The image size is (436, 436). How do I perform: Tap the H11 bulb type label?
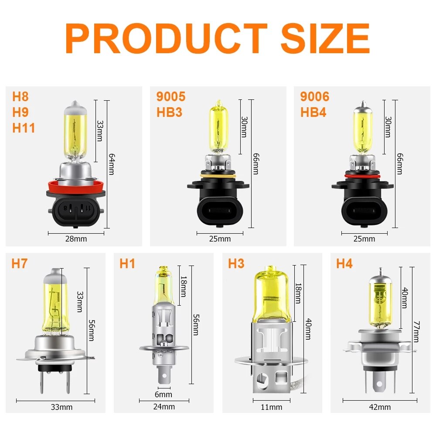coord(24,128)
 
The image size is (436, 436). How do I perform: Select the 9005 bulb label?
coord(171,96)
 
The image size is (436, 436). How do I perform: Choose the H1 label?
coord(127,264)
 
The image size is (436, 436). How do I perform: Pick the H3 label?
coord(236,264)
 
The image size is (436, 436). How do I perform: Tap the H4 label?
coord(344,264)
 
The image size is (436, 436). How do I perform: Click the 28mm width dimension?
coord(76,239)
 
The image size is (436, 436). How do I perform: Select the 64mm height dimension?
coord(112,164)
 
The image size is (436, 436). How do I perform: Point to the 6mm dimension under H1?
coord(163,395)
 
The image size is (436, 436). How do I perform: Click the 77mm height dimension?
coord(416,331)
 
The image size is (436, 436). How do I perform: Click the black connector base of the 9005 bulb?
coord(218,205)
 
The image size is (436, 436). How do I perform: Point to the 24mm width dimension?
coord(164,407)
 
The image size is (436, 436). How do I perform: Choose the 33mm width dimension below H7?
coord(62,407)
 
